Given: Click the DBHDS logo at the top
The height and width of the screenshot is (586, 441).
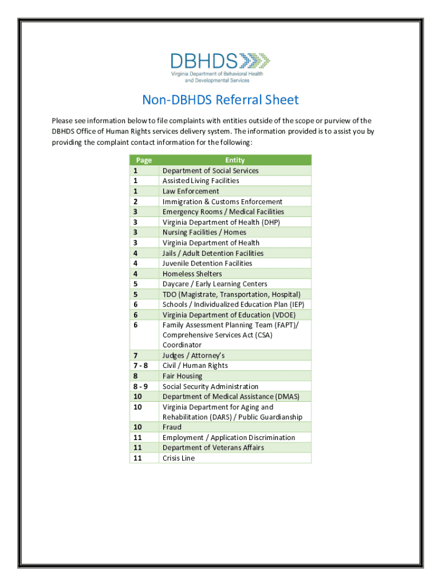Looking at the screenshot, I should (220, 68).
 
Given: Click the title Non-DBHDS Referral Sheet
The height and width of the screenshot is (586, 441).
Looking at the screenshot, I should (220, 100).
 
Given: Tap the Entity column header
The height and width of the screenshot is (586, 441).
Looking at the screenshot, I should (235, 160).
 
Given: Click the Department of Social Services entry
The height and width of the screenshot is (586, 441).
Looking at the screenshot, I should (210, 171).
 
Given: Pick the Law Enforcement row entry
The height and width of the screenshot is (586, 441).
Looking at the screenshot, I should (191, 191).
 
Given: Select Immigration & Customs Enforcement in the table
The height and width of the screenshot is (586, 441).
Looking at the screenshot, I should (222, 201).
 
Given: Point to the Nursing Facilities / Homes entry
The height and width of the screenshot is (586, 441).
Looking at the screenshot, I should (204, 232).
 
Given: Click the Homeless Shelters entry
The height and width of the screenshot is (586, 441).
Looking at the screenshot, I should (192, 274).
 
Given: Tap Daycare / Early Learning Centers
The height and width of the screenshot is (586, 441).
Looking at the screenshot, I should (215, 284).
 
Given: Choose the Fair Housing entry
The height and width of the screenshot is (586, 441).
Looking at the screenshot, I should (182, 376).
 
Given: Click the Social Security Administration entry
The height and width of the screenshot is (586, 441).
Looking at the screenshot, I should (210, 386).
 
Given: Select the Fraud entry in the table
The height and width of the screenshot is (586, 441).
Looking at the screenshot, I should (172, 427).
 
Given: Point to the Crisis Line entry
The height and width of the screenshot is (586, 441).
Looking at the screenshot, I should (179, 458).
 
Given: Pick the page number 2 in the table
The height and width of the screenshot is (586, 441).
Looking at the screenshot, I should (136, 201).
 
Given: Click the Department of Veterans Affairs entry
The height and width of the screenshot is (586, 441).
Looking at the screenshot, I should (213, 448).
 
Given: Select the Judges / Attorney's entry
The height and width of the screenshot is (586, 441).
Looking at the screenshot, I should (194, 355).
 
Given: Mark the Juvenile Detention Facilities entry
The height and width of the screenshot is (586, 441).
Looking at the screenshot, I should (207, 263).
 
